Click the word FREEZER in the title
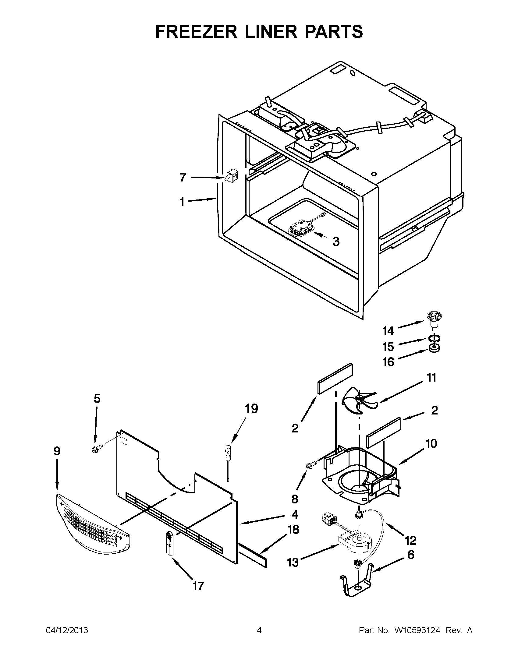(197, 31)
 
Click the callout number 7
(183, 177)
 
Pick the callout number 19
(251, 409)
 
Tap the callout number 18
(294, 529)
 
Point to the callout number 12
(411, 540)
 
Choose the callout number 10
(431, 443)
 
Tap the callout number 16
(388, 362)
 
